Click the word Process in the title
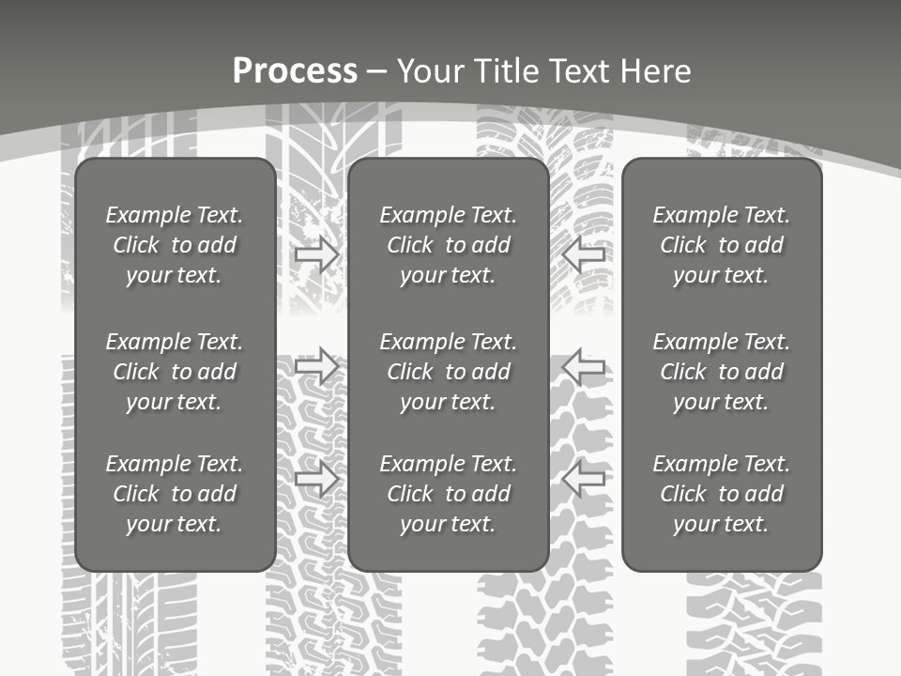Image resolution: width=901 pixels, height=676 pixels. (295, 71)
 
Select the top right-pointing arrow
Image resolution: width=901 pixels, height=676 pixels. (316, 254)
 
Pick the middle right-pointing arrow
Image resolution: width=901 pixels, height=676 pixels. (316, 366)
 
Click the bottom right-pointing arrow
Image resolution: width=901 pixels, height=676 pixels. (316, 480)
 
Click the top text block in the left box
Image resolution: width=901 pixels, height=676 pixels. (175, 245)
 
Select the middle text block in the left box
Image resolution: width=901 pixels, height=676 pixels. (175, 372)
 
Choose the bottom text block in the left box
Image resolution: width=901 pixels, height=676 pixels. (175, 494)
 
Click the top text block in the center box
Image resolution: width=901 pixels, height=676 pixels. (449, 245)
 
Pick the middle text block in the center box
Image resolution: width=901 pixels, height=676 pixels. (449, 372)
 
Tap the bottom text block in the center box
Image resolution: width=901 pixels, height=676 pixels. (449, 494)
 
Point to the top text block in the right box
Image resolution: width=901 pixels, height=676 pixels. (722, 245)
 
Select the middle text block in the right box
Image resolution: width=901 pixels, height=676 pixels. (722, 372)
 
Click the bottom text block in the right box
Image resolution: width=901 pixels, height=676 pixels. (722, 494)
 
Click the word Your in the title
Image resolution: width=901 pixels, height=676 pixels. (428, 71)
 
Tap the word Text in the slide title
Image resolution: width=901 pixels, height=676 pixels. (578, 71)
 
